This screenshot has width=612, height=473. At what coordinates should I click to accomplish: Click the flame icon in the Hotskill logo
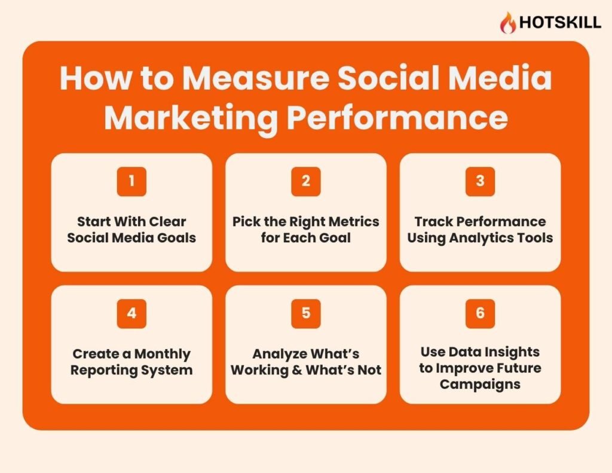click(507, 23)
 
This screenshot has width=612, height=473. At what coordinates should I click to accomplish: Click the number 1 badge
click(131, 181)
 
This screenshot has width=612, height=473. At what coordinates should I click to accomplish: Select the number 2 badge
click(305, 181)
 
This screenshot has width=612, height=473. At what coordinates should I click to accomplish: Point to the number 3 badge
click(480, 181)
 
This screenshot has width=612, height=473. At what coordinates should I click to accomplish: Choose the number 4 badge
click(131, 313)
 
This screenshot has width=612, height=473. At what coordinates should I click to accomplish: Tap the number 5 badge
click(305, 313)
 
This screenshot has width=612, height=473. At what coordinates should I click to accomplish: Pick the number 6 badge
click(480, 313)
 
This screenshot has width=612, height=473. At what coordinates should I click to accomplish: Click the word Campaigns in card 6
click(480, 384)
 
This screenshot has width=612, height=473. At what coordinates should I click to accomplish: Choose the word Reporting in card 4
click(104, 370)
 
